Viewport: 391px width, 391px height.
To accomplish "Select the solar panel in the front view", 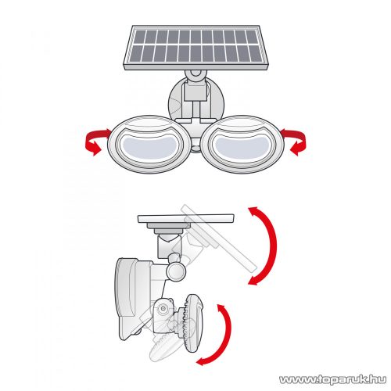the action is coord(195,48).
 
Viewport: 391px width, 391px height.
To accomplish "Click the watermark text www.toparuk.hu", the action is coord(332,379).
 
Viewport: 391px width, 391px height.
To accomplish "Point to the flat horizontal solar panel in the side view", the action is coord(185,218).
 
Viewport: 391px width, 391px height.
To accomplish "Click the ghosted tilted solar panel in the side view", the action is coord(219,238).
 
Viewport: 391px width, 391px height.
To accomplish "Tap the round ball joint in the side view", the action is coord(176,272).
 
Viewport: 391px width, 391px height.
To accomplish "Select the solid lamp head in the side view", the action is coord(192,323).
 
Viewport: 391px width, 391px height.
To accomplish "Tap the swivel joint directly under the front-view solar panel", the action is coord(195,75).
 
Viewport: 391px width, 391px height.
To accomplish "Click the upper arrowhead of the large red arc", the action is coord(253,210).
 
